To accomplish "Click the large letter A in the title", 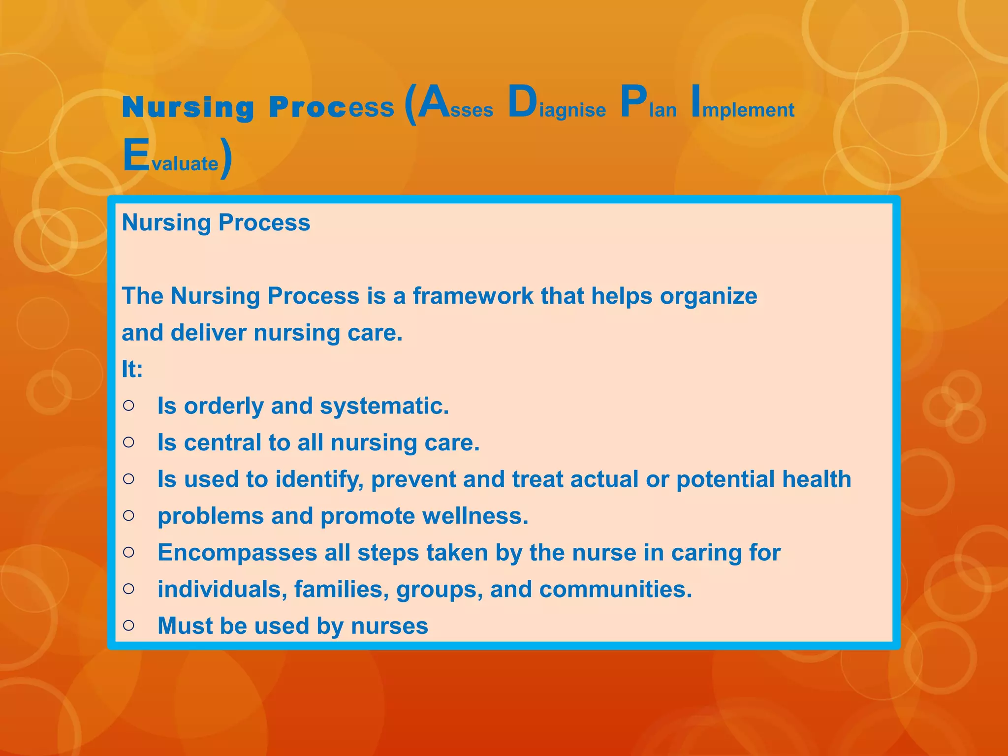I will [433, 102].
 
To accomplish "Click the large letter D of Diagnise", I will [522, 102].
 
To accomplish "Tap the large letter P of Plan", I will [633, 102].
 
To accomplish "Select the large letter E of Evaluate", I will [136, 156].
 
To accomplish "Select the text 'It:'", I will [132, 369].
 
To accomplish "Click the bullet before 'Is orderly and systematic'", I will [128, 406].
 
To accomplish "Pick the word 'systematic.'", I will [384, 407].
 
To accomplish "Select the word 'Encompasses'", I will [237, 553].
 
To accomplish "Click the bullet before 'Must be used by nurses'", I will [128, 626].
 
